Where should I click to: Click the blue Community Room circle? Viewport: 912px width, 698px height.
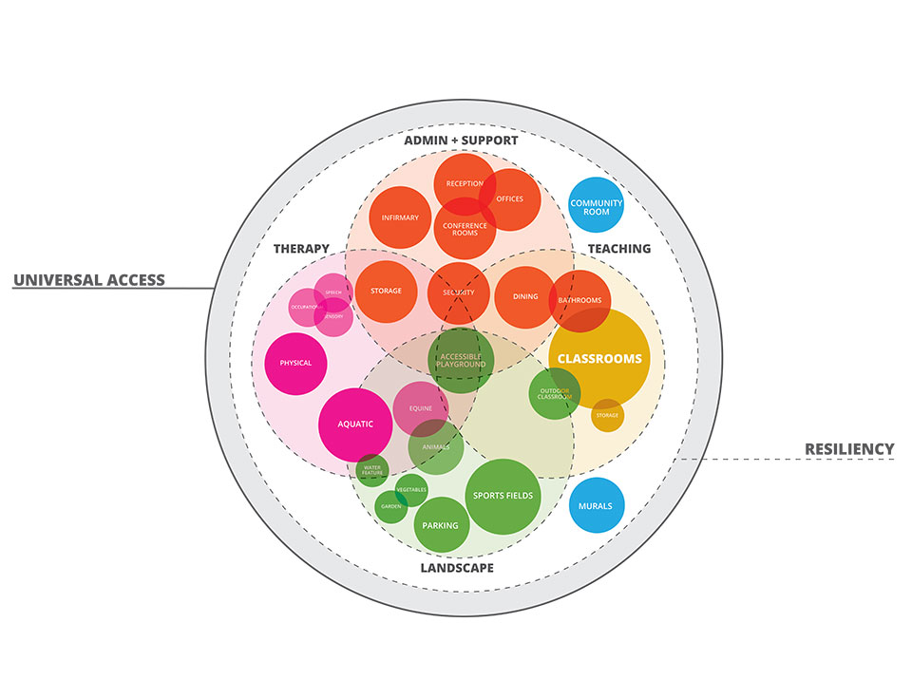[x=596, y=205]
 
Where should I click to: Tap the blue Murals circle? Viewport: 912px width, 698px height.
[x=596, y=505]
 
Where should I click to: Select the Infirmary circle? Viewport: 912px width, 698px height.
[x=400, y=217]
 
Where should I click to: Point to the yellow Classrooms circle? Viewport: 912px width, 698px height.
[x=599, y=358]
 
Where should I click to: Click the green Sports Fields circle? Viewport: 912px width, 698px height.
[x=503, y=496]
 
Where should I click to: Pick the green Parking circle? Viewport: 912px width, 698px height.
[x=441, y=525]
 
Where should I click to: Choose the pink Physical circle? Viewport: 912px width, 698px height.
[x=295, y=363]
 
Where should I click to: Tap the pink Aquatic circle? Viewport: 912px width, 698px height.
[x=355, y=424]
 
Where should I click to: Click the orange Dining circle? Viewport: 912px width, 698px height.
[x=525, y=296]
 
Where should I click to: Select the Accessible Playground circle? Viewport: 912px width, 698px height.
[x=461, y=360]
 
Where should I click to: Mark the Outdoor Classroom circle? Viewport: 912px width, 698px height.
[x=554, y=393]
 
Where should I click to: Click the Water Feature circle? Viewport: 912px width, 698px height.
[x=371, y=469]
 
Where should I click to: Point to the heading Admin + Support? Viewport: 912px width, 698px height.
[x=461, y=141]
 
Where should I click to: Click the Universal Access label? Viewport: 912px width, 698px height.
[x=89, y=280]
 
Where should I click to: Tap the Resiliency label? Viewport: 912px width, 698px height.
[x=849, y=448]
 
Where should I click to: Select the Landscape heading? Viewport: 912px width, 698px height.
[x=457, y=568]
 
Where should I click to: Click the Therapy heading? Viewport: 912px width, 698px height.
[x=301, y=249]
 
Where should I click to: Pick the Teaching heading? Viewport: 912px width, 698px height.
[x=618, y=249]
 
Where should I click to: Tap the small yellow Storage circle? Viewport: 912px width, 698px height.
[x=607, y=415]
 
